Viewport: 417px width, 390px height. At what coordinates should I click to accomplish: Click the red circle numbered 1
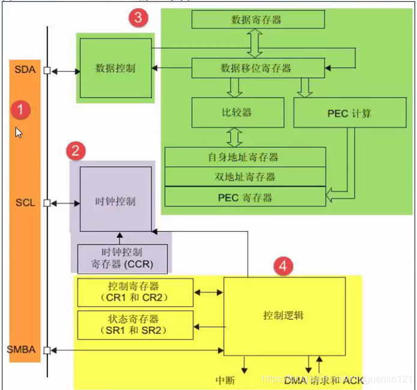(x=21, y=110)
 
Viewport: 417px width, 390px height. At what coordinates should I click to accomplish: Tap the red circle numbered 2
(x=75, y=150)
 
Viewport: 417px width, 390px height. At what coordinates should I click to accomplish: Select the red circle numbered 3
(x=138, y=17)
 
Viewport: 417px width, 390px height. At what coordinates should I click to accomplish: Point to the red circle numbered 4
(x=283, y=265)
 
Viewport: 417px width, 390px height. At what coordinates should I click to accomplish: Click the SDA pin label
(x=25, y=70)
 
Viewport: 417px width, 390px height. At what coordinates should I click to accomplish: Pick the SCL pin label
(x=25, y=203)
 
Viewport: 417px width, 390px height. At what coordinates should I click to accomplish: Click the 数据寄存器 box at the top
(x=258, y=19)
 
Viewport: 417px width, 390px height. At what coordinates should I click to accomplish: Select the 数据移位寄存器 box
(x=258, y=67)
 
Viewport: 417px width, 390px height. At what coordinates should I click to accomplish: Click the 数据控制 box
(x=115, y=68)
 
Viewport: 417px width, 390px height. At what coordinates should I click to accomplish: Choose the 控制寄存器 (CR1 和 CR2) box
(x=133, y=292)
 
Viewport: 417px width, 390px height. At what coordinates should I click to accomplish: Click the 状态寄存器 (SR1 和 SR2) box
(x=133, y=325)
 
